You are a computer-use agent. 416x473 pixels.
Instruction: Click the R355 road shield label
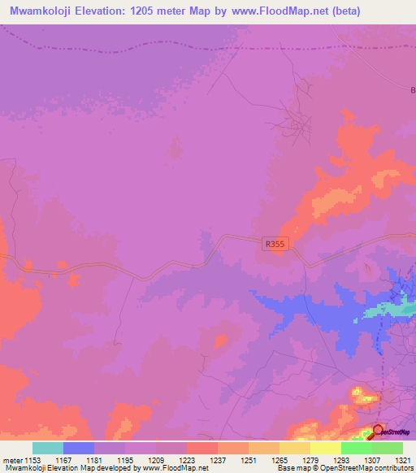[x=276, y=243]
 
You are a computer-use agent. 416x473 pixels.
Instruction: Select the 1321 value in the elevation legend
[x=404, y=460]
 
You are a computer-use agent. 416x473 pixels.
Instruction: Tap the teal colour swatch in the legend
[x=48, y=448]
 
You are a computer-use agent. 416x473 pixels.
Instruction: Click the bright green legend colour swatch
[x=357, y=448]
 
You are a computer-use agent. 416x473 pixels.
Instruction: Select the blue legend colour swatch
[x=79, y=448]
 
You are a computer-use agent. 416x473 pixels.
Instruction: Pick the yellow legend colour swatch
[x=326, y=448]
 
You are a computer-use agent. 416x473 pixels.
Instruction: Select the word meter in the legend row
[x=12, y=460]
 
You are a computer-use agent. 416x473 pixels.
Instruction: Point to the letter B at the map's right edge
[x=412, y=90]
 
